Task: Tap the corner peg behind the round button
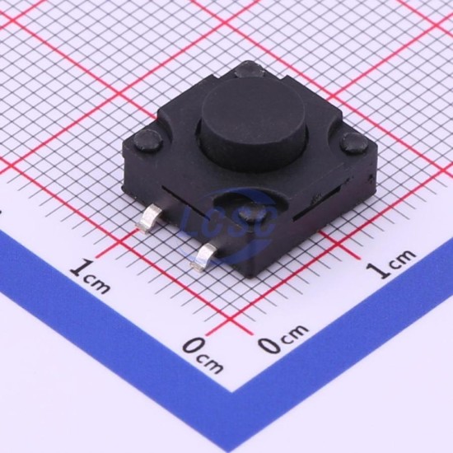(249, 70)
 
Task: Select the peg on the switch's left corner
(148, 141)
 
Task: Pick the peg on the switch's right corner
(354, 143)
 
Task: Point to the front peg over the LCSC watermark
(252, 214)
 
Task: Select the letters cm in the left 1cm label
(97, 284)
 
